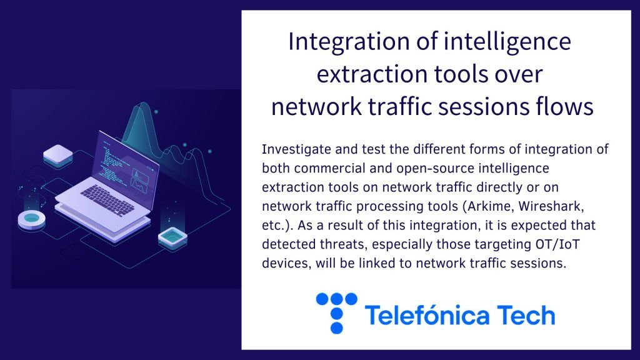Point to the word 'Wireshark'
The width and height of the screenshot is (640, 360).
[x=551, y=206]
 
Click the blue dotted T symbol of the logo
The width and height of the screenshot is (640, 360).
[x=337, y=313]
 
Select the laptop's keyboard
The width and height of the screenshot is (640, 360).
[x=107, y=201]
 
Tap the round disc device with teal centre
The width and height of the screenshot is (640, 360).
[x=31, y=221]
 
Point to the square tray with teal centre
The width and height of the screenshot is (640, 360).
[x=172, y=238]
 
